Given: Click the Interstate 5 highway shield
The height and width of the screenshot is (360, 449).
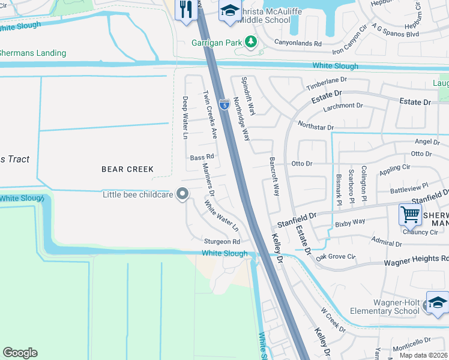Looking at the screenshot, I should pyautogui.click(x=224, y=105).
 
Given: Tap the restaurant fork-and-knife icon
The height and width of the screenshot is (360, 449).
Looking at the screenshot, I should pyautogui.click(x=186, y=9).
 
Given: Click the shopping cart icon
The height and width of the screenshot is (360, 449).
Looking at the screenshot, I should pyautogui.click(x=410, y=213).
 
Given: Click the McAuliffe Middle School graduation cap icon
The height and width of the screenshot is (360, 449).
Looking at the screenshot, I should pyautogui.click(x=229, y=11).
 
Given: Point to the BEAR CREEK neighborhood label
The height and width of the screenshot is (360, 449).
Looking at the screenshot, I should pyautogui.click(x=127, y=169).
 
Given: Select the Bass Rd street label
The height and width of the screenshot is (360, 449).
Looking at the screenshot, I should pyautogui.click(x=202, y=157).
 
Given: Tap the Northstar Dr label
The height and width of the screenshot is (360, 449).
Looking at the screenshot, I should pyautogui.click(x=315, y=126).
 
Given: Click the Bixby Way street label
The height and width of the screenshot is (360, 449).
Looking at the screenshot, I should pyautogui.click(x=351, y=222).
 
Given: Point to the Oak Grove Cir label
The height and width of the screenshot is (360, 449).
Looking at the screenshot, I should pyautogui.click(x=336, y=256).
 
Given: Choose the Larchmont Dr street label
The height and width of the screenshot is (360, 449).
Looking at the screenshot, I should pyautogui.click(x=343, y=106).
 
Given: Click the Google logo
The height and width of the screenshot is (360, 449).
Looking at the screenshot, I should pyautogui.click(x=20, y=353).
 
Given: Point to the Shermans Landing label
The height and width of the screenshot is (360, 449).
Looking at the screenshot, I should pyautogui.click(x=33, y=53).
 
